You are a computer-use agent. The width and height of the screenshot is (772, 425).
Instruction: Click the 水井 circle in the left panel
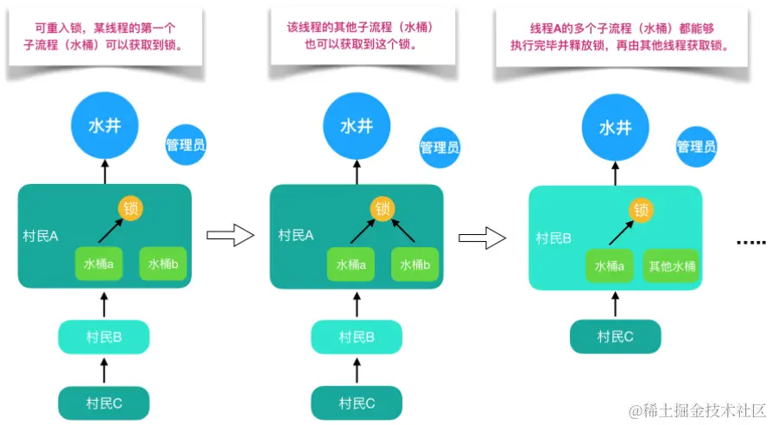[x=105, y=127]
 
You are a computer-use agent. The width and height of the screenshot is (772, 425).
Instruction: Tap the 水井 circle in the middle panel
[x=357, y=127]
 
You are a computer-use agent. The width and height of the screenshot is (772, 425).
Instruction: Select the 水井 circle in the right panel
[x=615, y=128]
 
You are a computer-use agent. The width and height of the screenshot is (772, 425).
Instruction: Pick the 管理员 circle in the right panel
[x=696, y=147]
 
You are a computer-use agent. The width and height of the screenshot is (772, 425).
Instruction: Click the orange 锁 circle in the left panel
[x=131, y=208]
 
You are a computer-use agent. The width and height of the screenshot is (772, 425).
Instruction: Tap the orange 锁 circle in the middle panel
[x=382, y=208]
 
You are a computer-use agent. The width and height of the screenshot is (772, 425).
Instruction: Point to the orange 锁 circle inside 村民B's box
[x=640, y=209]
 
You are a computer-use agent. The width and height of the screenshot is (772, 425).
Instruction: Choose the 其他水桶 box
[x=672, y=266]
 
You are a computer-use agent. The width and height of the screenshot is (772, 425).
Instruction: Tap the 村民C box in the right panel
[x=616, y=337]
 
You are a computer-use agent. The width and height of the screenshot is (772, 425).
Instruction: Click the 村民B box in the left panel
[x=104, y=337]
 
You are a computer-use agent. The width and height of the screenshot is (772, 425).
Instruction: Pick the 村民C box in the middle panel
[x=357, y=403]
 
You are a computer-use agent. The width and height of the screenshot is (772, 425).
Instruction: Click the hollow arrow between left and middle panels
[x=231, y=235]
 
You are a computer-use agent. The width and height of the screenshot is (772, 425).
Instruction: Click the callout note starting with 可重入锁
[x=105, y=37]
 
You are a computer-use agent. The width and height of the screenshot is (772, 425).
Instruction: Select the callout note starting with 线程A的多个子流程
[x=616, y=37]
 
